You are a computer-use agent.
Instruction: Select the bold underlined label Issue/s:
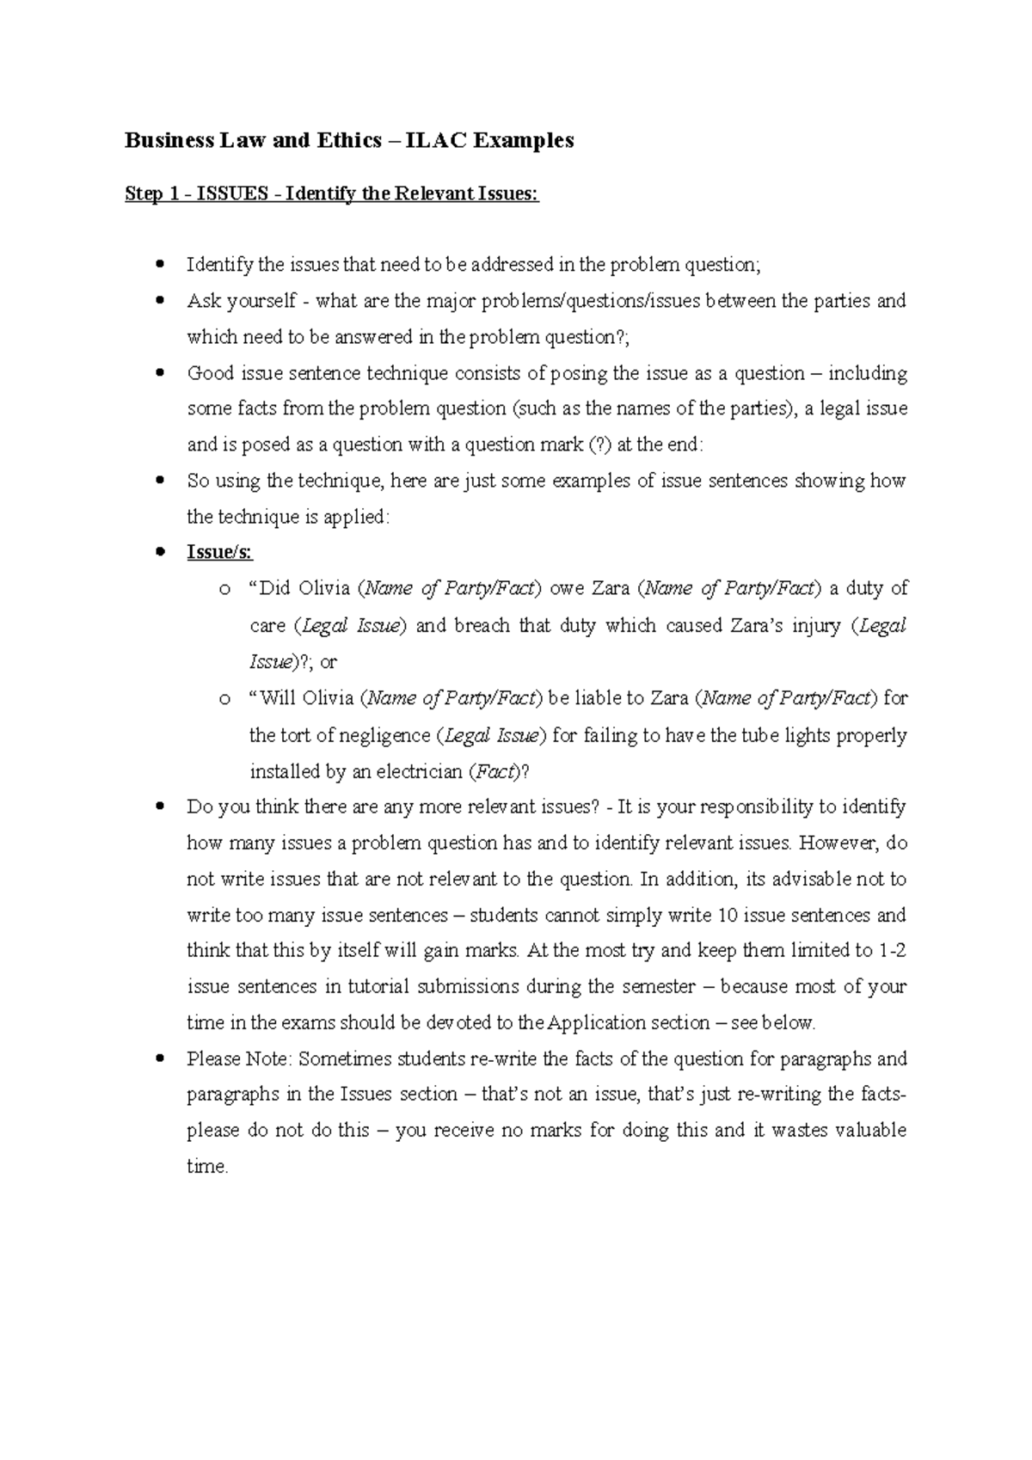[x=220, y=552]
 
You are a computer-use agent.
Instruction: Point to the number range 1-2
[x=893, y=951]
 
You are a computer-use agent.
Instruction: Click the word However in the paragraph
[x=838, y=843]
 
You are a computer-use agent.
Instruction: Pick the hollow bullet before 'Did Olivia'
[x=224, y=590]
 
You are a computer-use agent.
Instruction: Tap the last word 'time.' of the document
[x=207, y=1167]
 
